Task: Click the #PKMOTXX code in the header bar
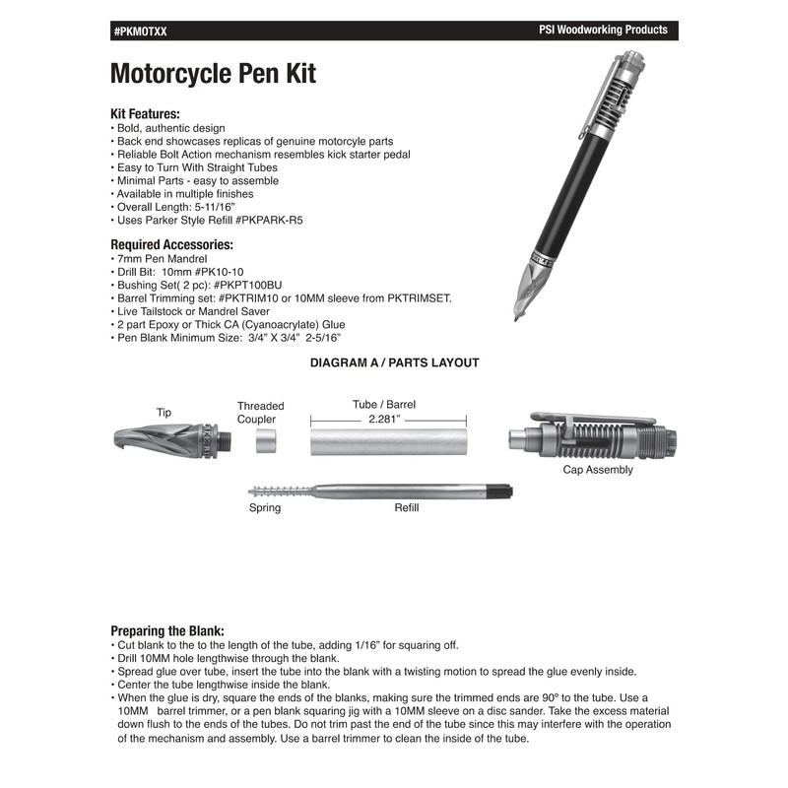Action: (x=141, y=32)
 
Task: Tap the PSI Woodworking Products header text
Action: (x=597, y=31)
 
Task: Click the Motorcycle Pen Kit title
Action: (x=213, y=74)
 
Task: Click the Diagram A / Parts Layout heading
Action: (x=394, y=362)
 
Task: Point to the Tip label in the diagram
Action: (x=164, y=413)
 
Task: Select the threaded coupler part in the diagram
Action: (x=263, y=443)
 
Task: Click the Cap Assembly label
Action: (x=598, y=470)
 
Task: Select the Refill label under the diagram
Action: (x=407, y=508)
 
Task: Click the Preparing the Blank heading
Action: (x=167, y=630)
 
